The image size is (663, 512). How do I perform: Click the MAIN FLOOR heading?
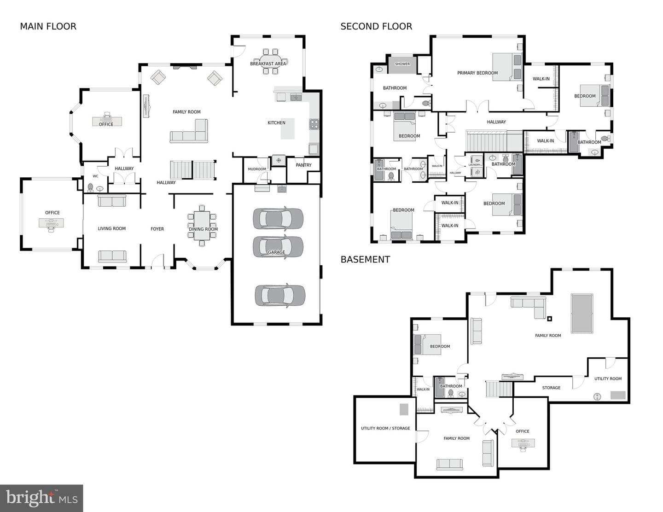(48, 27)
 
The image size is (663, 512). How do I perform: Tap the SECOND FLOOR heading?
(376, 27)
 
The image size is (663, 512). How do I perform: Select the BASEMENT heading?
(365, 259)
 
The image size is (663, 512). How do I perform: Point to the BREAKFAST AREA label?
(268, 64)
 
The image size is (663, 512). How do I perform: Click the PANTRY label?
(303, 165)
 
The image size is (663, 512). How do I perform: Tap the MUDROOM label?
(257, 169)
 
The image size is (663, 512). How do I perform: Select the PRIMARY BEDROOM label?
(477, 73)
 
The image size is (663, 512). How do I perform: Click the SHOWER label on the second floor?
(402, 64)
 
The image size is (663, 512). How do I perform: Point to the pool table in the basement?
(582, 314)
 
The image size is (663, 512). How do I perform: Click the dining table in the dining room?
(202, 226)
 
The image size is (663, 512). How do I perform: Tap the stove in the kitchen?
(314, 124)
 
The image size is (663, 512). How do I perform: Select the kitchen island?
(288, 128)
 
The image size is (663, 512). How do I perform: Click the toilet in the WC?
(90, 187)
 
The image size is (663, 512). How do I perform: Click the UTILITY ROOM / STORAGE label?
(385, 428)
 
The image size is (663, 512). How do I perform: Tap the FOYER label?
(157, 229)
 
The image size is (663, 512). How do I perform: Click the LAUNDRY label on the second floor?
(475, 165)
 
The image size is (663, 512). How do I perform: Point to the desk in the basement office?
(523, 443)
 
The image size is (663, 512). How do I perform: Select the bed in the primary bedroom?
(507, 67)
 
